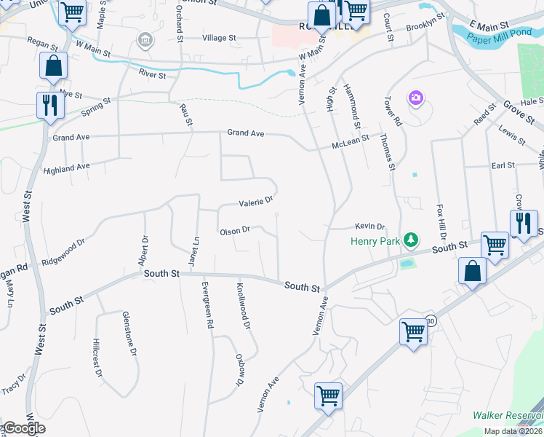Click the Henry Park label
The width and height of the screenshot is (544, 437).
pos(376,240)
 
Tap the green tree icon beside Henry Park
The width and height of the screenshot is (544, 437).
pos(412,239)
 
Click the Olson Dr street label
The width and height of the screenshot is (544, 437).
pos(235,231)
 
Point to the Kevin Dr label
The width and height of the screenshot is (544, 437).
pos(369,227)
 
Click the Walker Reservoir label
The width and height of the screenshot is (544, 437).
pos(508,415)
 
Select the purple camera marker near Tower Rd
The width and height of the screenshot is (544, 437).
pos(416,97)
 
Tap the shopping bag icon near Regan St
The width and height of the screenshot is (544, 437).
pos(54,66)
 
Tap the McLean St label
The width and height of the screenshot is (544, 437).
pos(351,141)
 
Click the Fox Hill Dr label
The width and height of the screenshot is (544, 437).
pos(441,221)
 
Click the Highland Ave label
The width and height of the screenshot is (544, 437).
pos(66,168)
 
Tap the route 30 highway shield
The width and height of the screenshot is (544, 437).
pos(431,320)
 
